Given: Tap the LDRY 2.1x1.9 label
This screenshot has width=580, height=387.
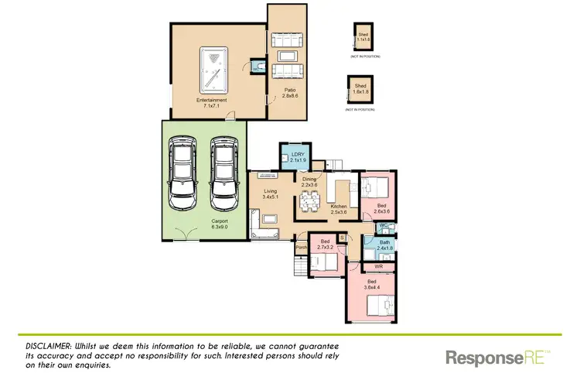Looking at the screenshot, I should [x=299, y=159].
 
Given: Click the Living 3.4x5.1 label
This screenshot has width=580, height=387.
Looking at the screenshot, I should [x=270, y=194].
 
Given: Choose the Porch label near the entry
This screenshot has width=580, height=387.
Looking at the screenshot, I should [x=301, y=248].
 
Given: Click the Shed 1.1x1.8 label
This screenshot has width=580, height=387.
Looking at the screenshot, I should [x=363, y=36].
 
